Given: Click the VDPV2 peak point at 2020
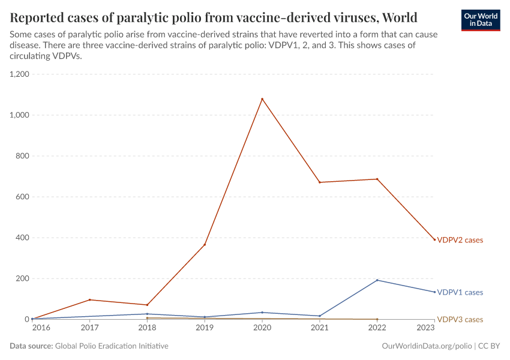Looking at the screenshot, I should coord(262,99).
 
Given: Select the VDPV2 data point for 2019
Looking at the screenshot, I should coord(205,245).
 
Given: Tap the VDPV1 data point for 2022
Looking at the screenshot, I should coord(377,280).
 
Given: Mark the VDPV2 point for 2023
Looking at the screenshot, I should coord(434,239).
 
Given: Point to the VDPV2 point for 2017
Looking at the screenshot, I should coord(89,300).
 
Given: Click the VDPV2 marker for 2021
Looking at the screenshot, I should coord(320,182).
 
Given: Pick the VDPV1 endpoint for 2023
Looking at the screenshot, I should coord(434,292).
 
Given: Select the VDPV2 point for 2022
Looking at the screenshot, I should coord(377,179).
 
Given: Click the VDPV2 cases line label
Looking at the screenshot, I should coord(460,240).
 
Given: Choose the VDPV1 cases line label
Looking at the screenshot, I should coord(460,292).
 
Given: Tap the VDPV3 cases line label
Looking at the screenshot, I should coord(460,319).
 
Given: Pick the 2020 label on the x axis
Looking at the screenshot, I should coord(262,328).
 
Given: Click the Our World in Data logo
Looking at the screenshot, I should coord(480,19).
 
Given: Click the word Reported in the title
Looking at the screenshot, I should coord(39,16).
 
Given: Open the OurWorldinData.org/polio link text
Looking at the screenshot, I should coord(426,346).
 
